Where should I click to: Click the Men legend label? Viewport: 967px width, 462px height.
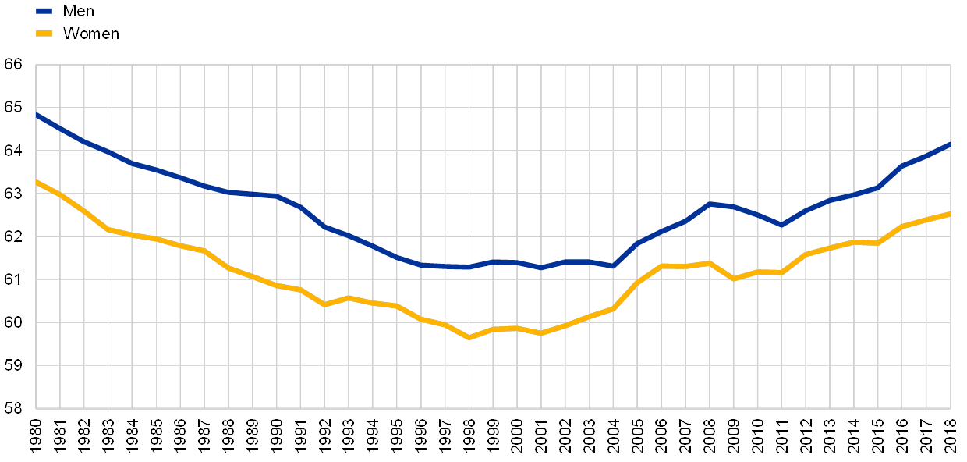[79, 11]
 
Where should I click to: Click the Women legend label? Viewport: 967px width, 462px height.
[90, 33]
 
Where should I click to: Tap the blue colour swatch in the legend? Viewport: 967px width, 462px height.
[44, 11]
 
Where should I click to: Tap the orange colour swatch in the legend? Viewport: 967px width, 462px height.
[44, 33]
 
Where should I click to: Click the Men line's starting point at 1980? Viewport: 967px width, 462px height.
[37, 114]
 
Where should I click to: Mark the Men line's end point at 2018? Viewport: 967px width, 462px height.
[950, 144]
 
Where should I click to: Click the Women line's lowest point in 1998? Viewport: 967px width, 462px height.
[469, 337]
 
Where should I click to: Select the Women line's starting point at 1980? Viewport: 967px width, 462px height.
[37, 181]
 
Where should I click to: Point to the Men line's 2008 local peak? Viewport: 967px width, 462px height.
[710, 204]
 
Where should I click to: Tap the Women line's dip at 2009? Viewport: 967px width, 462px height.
[734, 279]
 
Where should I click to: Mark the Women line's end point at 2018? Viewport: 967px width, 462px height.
[950, 213]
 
